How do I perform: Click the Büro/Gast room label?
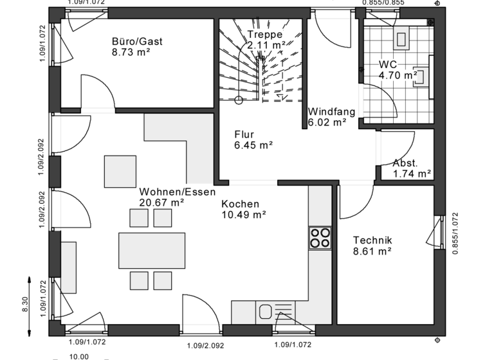coord(136,42)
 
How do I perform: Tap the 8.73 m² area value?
coord(131,53)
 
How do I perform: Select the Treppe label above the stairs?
coord(265,34)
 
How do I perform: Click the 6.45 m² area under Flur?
coord(253,145)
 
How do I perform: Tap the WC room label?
coord(387,64)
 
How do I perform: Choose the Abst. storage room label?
coord(405,163)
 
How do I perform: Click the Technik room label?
coord(372,240)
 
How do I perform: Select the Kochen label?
coord(240,204)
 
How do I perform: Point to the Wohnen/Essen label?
coord(177,192)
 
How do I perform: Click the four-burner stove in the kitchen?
coord(320,238)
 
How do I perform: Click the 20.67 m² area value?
coord(161,203)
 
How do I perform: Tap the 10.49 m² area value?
coord(244,215)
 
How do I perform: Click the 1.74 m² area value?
coord(412,174)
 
